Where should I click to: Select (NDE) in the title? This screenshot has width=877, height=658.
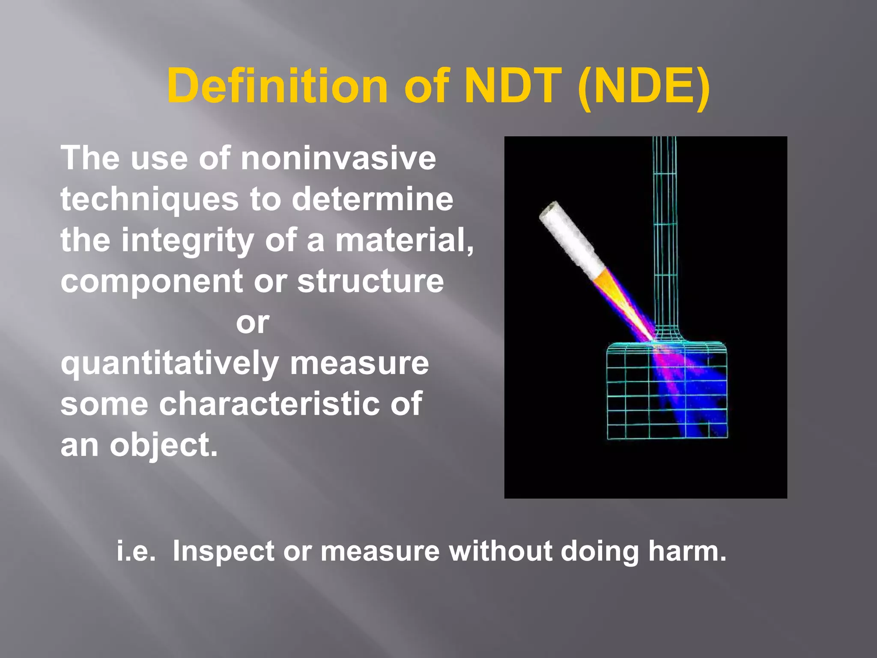pyautogui.click(x=644, y=87)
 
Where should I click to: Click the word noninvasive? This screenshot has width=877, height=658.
pyautogui.click(x=338, y=158)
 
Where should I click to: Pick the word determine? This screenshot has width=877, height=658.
pyautogui.click(x=372, y=199)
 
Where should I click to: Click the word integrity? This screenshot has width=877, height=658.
pyautogui.click(x=188, y=241)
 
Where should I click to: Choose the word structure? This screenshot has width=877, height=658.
pyautogui.click(x=370, y=281)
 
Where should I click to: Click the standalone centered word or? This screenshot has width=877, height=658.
pyautogui.click(x=253, y=323)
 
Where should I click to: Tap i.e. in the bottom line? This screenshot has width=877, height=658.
pyautogui.click(x=136, y=551)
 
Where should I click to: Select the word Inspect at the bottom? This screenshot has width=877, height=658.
pyautogui.click(x=223, y=552)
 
